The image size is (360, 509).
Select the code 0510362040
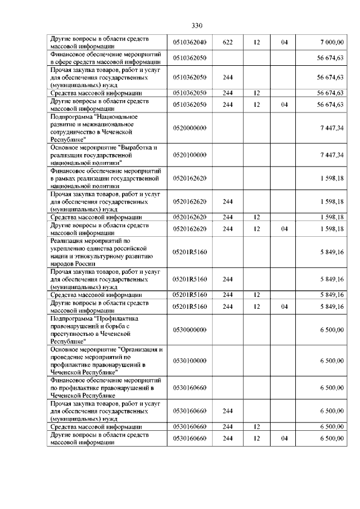click(190, 42)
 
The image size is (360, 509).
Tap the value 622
click(228, 42)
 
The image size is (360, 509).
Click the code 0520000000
click(190, 128)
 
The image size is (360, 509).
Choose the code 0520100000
click(190, 155)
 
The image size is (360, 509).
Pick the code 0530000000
click(190, 330)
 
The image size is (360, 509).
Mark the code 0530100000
click(190, 361)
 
